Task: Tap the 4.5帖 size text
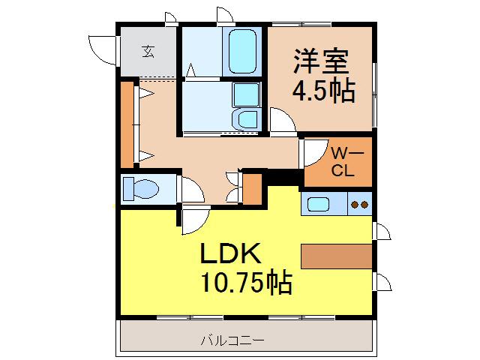tap(322, 91)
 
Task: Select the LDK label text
tap(229, 253)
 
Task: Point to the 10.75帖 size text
tap(245, 283)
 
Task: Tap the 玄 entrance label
tap(148, 52)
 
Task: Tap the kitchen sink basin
tap(318, 202)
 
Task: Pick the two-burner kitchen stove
tap(358, 203)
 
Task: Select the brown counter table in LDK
tap(337, 256)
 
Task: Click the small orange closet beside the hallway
tap(252, 188)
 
